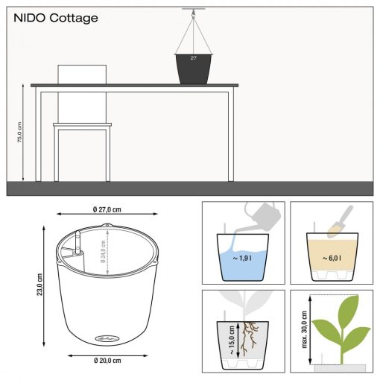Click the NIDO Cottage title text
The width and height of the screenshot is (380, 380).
click(x=56, y=18)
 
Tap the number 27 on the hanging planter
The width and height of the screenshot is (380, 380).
click(x=192, y=57)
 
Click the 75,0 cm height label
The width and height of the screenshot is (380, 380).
click(x=20, y=133)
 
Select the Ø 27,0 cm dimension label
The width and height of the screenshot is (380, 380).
click(x=107, y=209)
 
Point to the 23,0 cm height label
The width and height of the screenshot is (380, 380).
click(x=41, y=284)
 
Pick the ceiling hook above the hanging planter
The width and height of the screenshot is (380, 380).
click(x=192, y=10)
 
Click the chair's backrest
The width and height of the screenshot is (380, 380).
click(x=82, y=75)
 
